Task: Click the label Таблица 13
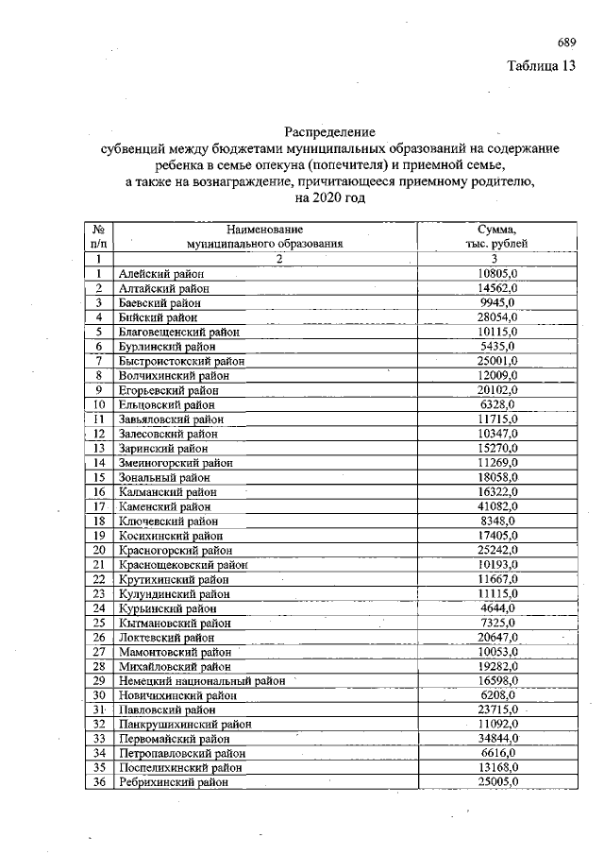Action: click(541, 66)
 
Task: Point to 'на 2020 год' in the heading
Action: click(329, 199)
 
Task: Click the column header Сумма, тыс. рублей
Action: click(496, 236)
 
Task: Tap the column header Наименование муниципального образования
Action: click(264, 236)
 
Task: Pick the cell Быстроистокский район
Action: click(182, 361)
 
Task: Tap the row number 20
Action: click(98, 550)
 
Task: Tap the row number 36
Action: click(98, 782)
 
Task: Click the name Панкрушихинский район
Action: click(180, 724)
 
